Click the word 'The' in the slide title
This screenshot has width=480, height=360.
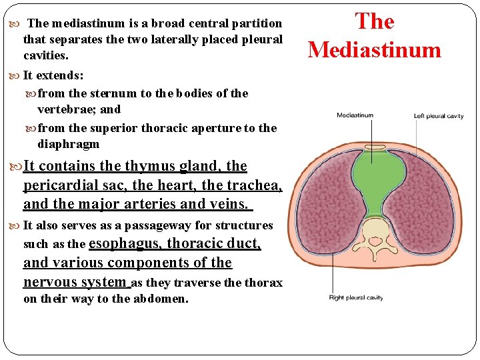(x=375, y=21)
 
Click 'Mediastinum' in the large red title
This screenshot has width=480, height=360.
(x=374, y=50)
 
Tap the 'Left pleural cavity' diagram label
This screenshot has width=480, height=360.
(x=438, y=116)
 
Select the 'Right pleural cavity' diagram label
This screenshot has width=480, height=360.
(x=356, y=297)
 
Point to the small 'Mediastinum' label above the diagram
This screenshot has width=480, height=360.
(x=355, y=115)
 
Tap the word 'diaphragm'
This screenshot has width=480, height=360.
(x=68, y=144)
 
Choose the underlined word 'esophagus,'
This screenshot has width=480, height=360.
(x=127, y=244)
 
